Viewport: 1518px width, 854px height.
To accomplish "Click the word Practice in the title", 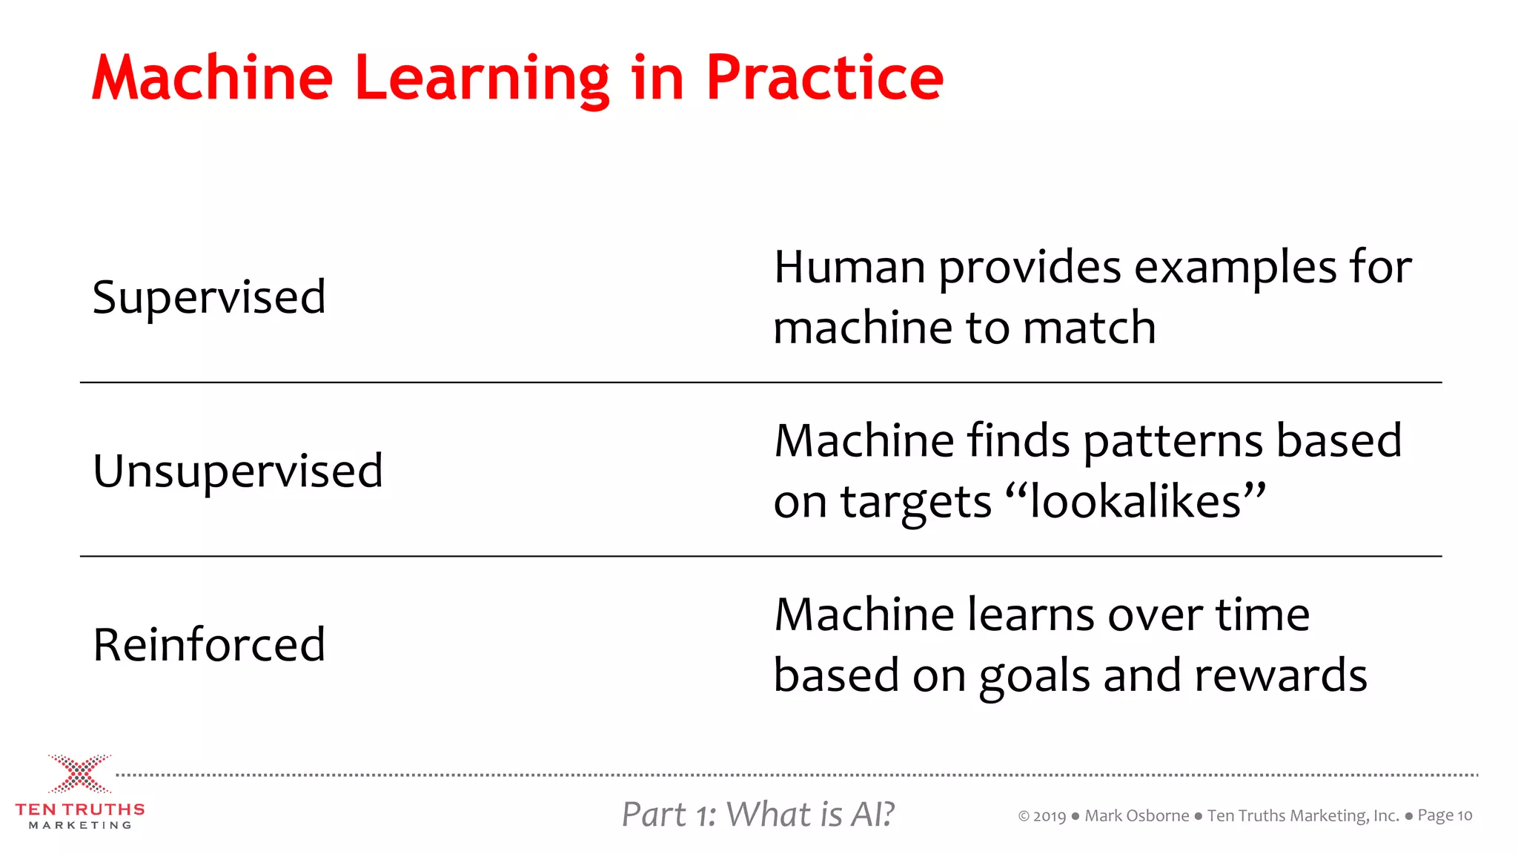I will tap(824, 78).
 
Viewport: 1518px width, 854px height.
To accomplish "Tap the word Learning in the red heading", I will tap(482, 78).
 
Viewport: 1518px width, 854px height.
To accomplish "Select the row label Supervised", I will tap(209, 297).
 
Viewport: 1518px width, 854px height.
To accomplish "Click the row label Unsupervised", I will tap(238, 471).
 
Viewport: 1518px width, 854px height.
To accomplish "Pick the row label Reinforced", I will tap(209, 644).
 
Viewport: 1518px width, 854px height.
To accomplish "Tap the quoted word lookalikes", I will tap(1136, 502).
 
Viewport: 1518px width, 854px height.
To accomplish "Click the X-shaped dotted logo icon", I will tap(79, 774).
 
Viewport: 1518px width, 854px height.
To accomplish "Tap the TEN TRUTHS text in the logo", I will tap(80, 810).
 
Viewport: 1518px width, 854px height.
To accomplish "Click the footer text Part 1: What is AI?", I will tap(758, 814).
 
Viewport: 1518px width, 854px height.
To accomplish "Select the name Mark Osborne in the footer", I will tap(1136, 815).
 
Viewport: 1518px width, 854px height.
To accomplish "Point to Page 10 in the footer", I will tap(1445, 815).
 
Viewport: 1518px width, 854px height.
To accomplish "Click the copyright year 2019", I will tap(1050, 816).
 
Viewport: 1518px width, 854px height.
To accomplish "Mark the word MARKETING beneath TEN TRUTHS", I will tap(80, 825).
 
